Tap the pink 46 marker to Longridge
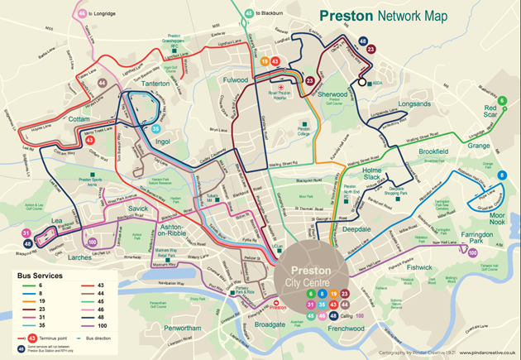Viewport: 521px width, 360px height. (x=82, y=13)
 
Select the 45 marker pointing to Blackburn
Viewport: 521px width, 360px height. (x=249, y=13)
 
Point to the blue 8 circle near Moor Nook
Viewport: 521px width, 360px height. (x=501, y=175)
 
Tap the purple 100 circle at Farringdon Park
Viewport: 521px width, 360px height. (x=472, y=254)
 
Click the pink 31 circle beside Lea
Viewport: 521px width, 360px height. (x=26, y=233)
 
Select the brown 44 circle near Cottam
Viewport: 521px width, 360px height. (x=102, y=83)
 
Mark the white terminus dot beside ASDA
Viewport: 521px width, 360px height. (x=361, y=83)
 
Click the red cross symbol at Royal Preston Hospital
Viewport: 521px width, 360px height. (x=282, y=86)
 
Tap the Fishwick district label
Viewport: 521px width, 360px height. (x=419, y=267)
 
